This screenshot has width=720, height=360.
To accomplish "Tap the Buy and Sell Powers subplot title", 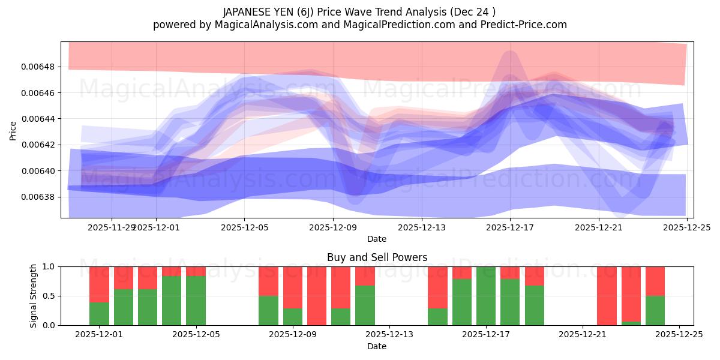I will coord(377,257).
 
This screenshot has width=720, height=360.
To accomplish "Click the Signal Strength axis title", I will coord(34,296).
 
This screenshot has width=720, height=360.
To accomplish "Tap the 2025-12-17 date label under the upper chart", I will coord(509,227).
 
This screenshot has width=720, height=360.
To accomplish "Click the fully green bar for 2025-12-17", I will coord(486,296).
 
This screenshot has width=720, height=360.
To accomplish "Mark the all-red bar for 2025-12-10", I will coord(317,296).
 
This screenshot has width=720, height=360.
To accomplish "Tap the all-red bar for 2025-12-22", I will coord(607,296).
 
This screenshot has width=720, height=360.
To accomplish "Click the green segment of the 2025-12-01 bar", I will coord(100,314).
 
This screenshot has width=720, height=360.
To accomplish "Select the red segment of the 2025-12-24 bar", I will coord(655,281).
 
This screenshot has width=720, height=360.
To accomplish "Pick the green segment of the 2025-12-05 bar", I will coord(196,301).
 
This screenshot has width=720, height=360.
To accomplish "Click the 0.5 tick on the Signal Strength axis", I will coord(47,296).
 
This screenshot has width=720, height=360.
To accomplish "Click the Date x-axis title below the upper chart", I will coord(377,239).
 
